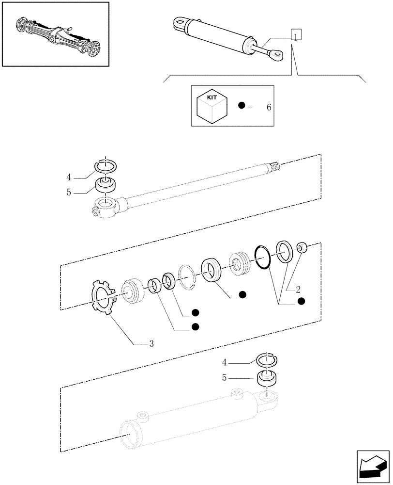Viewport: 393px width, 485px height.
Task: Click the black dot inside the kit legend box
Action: pyautogui.click(x=242, y=106)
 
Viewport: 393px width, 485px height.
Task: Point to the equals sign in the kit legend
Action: pyautogui.click(x=250, y=106)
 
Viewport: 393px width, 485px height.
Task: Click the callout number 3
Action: pyautogui.click(x=151, y=344)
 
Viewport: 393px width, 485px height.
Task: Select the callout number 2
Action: pyautogui.click(x=298, y=290)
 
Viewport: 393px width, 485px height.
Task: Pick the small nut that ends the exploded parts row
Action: pyautogui.click(x=302, y=248)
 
